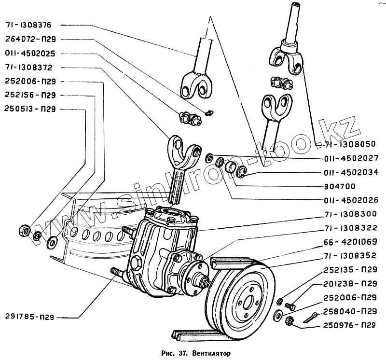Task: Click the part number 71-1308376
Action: tap(29, 25)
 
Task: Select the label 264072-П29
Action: tap(31, 39)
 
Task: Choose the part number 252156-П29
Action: tap(31, 95)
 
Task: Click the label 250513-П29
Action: tap(31, 109)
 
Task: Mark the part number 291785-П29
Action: tap(29, 318)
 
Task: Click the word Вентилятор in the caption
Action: tap(211, 352)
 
